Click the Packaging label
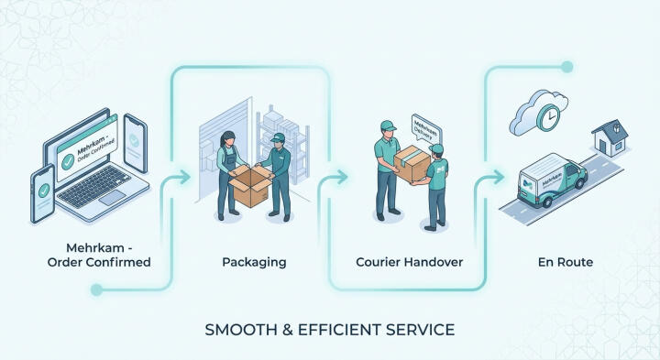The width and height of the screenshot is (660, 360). (x=254, y=262)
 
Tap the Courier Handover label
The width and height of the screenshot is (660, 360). (x=409, y=262)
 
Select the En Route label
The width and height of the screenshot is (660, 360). (x=566, y=262)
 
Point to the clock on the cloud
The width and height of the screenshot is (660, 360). (x=548, y=116)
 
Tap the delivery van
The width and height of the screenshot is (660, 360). (x=552, y=180)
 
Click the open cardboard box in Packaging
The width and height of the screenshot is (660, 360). (x=251, y=185)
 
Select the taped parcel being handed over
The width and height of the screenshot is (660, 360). (x=412, y=164)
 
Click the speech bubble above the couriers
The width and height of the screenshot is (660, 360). (x=426, y=128)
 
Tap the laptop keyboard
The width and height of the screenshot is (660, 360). (x=94, y=185)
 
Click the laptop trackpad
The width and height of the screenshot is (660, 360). (x=113, y=198)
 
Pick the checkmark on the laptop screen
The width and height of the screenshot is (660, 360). (x=68, y=161)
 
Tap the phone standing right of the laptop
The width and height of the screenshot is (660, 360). (x=136, y=143)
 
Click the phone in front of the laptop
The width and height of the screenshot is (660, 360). (x=42, y=193)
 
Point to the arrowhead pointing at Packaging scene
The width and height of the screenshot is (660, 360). (x=184, y=178)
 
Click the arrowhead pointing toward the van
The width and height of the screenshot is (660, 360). (x=499, y=177)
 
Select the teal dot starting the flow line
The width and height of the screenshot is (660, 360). (x=96, y=289)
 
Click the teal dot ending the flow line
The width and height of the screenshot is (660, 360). (x=567, y=67)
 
